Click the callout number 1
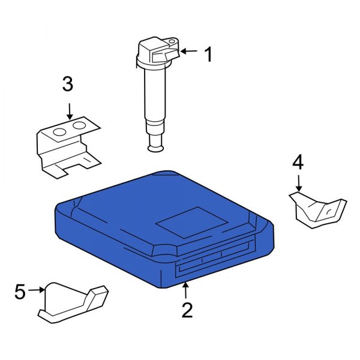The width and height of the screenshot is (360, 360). [208, 55]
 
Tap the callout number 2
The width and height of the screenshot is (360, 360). [187, 310]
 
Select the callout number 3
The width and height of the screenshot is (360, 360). [68, 85]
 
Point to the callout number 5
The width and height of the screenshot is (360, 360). [20, 292]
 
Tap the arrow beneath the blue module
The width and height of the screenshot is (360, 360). [187, 290]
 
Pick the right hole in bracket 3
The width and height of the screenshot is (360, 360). [79, 127]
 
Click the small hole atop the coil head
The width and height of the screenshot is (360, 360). [172, 43]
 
